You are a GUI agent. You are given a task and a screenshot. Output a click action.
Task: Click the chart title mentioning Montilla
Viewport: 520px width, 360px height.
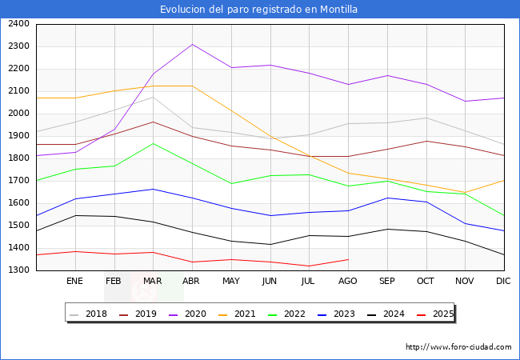click(258, 10)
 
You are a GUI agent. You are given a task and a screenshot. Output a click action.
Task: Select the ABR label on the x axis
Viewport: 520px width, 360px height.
click(191, 281)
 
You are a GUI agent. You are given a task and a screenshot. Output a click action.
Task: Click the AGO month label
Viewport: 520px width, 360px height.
click(348, 281)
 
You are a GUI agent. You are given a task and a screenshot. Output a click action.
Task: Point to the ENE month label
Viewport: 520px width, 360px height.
click(74, 281)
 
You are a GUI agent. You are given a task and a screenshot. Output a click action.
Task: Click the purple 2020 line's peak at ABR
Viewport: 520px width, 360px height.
click(191, 44)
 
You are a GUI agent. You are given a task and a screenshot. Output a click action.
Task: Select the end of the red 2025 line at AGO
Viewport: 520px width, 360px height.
click(348, 259)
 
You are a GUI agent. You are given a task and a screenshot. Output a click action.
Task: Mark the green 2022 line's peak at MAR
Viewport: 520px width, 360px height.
click(153, 143)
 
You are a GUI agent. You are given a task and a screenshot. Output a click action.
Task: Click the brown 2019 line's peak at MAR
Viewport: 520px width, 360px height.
click(153, 122)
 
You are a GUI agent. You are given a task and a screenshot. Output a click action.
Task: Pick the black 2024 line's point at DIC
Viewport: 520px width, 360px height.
click(504, 254)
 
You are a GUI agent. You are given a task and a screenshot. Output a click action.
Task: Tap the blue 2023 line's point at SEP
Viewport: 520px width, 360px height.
click(387, 198)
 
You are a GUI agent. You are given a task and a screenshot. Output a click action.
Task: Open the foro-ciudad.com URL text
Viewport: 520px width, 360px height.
click(458, 347)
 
